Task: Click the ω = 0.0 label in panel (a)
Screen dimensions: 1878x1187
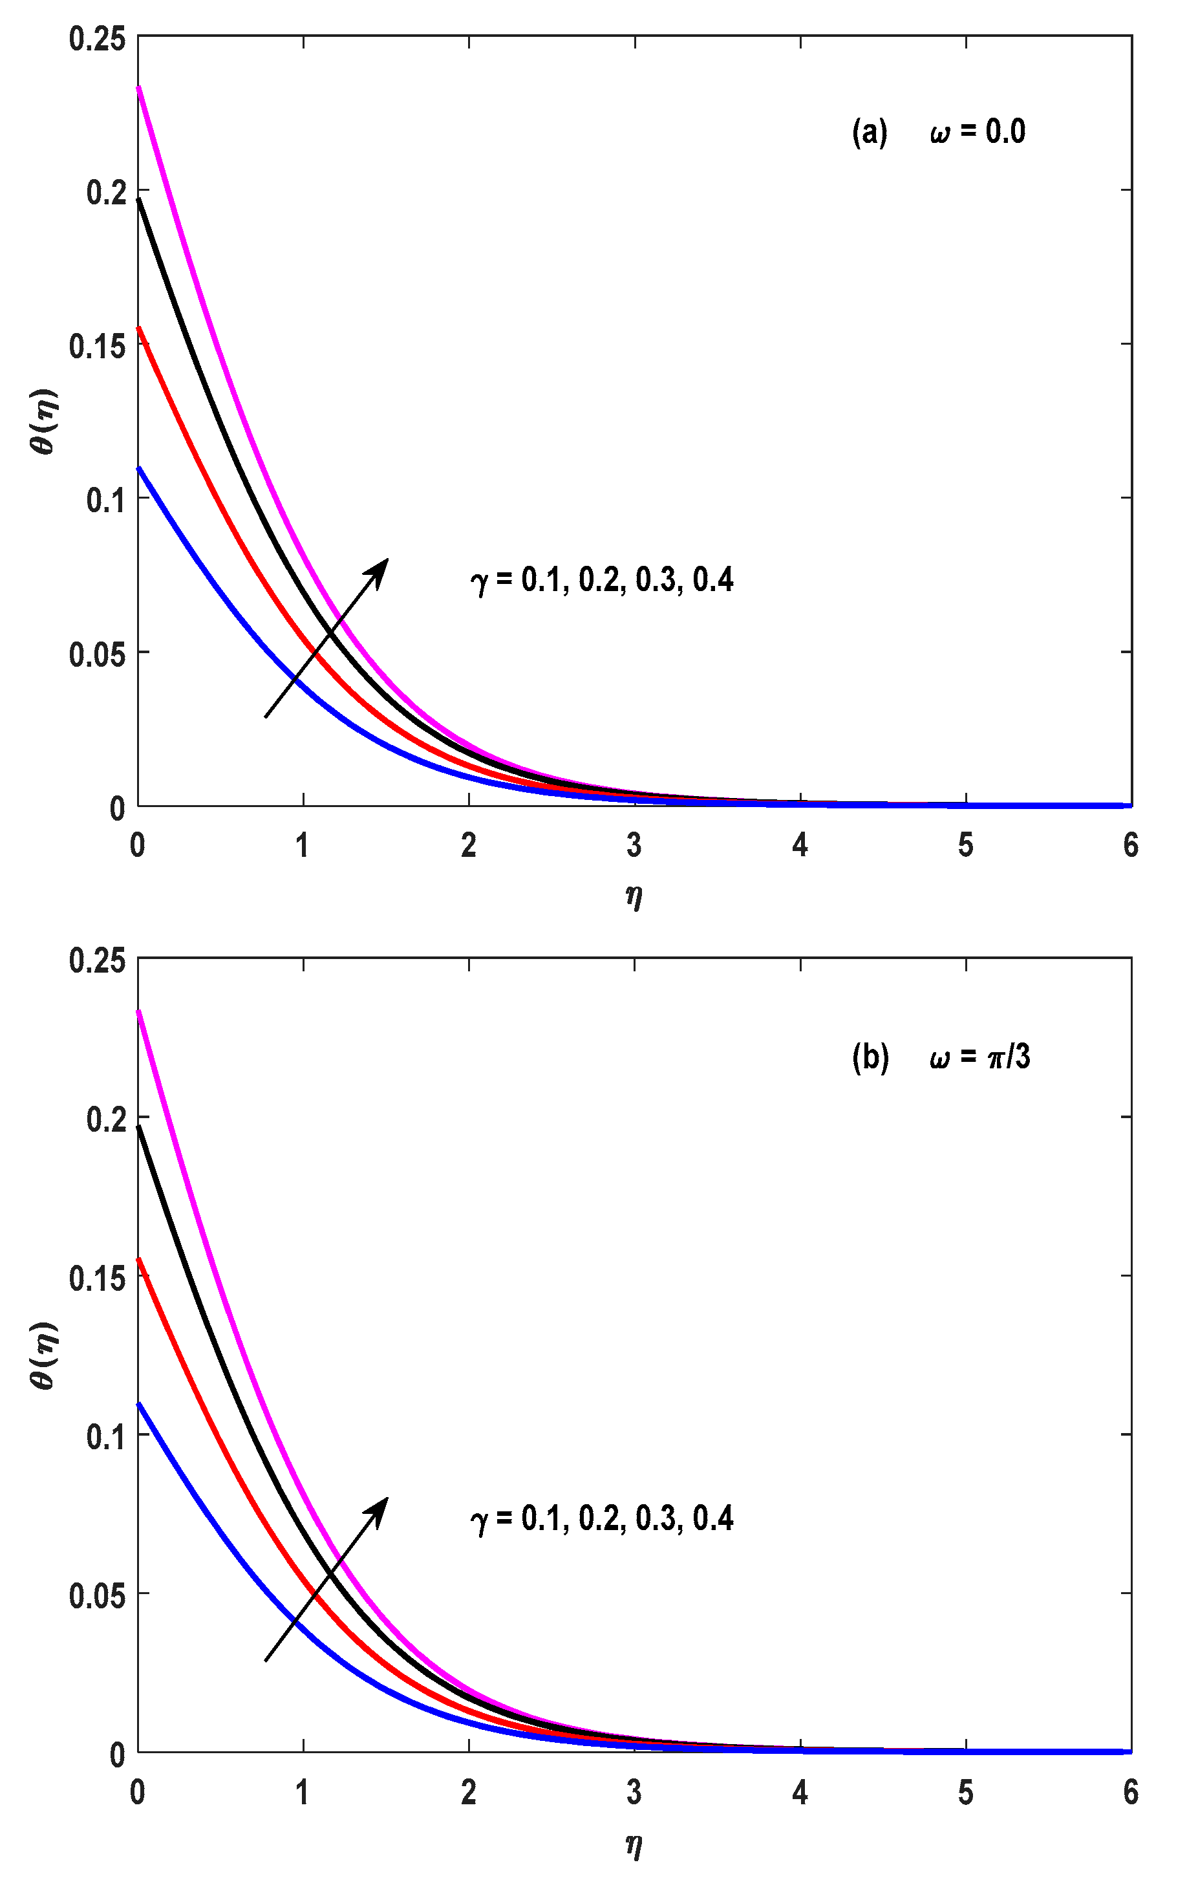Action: click(978, 132)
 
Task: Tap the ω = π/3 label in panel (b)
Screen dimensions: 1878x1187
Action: click(979, 1057)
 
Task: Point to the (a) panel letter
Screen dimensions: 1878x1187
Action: click(870, 132)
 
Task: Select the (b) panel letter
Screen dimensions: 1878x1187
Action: click(870, 1057)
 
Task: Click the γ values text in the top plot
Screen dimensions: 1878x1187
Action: click(602, 580)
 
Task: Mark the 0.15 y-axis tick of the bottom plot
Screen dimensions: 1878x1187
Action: click(97, 1279)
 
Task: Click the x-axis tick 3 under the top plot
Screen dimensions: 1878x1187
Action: click(634, 846)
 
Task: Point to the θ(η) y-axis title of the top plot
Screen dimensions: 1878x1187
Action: click(45, 421)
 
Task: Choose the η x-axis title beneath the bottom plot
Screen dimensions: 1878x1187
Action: click(634, 1844)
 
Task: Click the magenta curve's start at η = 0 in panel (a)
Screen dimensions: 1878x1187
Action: click(139, 87)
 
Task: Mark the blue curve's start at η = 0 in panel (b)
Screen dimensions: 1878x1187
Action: click(139, 1404)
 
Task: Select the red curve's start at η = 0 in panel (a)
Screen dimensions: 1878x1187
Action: click(139, 328)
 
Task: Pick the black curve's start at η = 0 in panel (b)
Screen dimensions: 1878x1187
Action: click(139, 1127)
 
